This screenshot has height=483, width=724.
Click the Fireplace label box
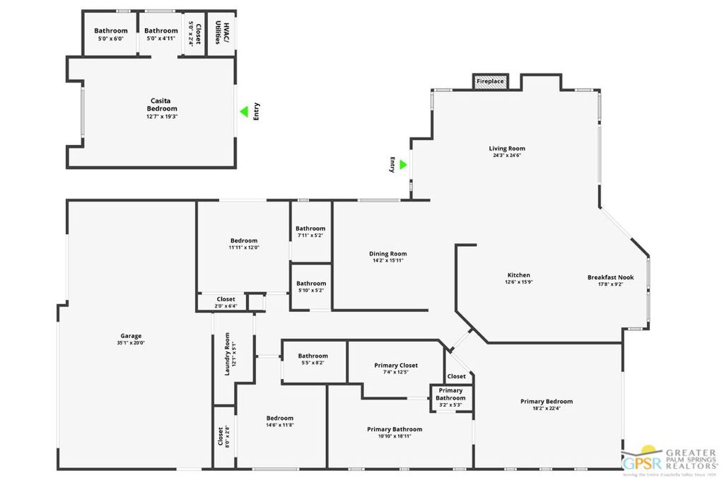pyautogui.click(x=490, y=81)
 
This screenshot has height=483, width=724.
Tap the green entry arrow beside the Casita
pyautogui.click(x=243, y=111)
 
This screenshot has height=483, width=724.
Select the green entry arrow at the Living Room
pyautogui.click(x=403, y=164)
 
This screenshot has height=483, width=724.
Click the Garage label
pyautogui.click(x=131, y=336)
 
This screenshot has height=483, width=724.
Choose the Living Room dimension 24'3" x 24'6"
pyautogui.click(x=507, y=156)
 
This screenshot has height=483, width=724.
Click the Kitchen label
pyautogui.click(x=519, y=275)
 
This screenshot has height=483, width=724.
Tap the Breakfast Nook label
pyautogui.click(x=610, y=277)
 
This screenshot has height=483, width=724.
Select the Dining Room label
pyautogui.click(x=388, y=254)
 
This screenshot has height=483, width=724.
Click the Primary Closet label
pyautogui.click(x=396, y=366)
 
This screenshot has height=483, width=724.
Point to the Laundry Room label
pyautogui.click(x=228, y=354)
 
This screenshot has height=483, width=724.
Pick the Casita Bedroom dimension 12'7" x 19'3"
pyautogui.click(x=162, y=116)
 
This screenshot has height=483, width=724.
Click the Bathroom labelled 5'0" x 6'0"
pyautogui.click(x=111, y=30)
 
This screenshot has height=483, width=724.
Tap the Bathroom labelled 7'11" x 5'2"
pyautogui.click(x=310, y=228)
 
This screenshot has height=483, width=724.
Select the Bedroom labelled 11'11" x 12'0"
pyautogui.click(x=244, y=240)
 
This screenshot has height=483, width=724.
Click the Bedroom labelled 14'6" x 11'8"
pyautogui.click(x=279, y=418)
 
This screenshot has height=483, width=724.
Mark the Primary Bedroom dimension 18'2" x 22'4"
pyautogui.click(x=547, y=408)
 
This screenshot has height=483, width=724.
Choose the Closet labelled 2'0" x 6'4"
pyautogui.click(x=226, y=299)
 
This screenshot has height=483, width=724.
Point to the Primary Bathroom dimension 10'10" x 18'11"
pyautogui.click(x=395, y=436)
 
